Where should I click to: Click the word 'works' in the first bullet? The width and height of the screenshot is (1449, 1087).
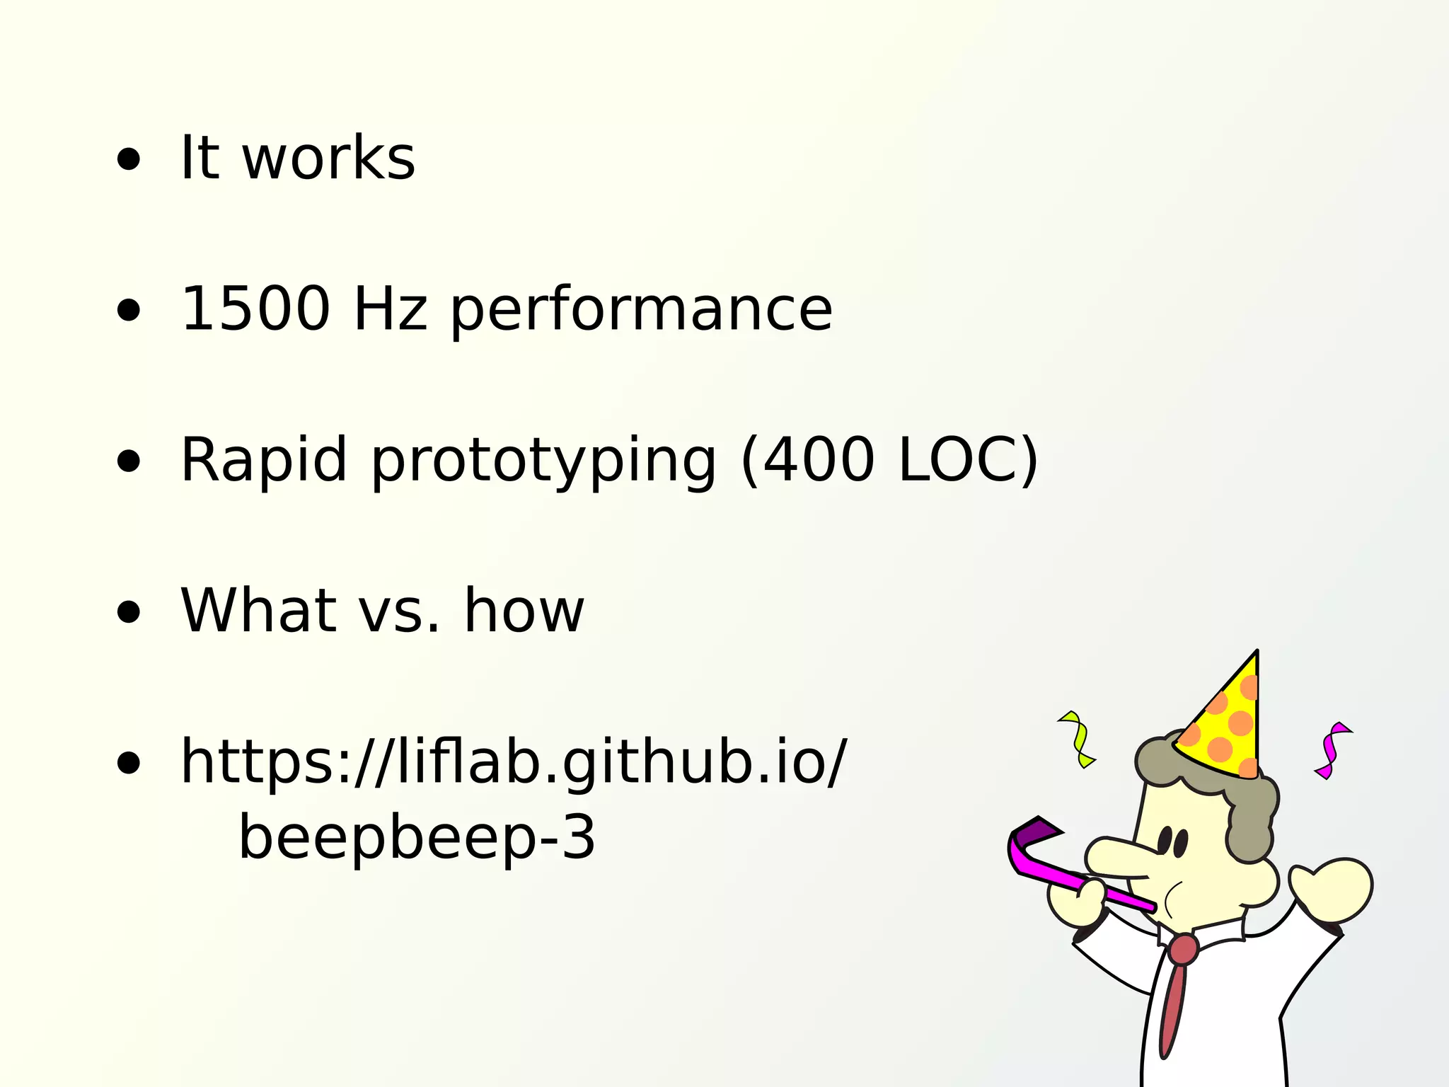329,158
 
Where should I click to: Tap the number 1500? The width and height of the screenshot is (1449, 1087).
255,309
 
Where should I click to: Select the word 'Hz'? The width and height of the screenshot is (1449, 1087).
390,309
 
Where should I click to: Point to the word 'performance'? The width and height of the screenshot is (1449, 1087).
641,311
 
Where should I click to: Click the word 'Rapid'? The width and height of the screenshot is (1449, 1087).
264,461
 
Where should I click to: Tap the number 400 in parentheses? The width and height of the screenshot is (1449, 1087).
818,460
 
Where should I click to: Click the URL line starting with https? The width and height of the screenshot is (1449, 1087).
513,763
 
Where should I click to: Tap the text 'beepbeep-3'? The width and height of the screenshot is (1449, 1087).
417,838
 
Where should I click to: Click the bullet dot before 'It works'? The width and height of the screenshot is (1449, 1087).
129,160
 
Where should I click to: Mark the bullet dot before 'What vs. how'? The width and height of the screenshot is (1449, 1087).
129,613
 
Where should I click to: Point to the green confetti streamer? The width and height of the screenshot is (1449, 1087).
1078,739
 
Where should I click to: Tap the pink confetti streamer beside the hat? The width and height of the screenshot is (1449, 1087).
1331,750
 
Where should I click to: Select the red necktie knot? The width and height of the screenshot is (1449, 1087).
1183,949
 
